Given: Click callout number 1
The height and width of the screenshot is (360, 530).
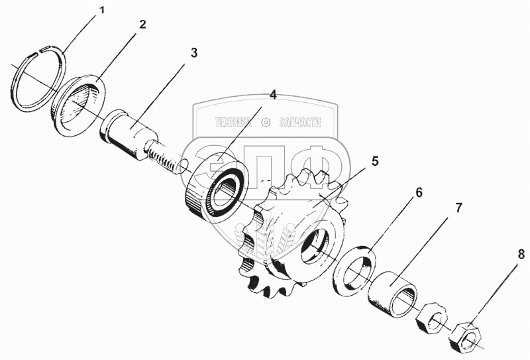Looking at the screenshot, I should [102, 11].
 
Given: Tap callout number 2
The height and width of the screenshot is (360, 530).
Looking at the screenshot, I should [142, 25].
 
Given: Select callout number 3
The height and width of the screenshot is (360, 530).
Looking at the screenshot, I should [193, 52].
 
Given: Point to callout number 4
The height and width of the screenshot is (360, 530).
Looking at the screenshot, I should [272, 94].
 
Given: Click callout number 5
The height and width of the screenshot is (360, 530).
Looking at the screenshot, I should [374, 160].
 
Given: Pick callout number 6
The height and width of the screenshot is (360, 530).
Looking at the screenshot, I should [418, 192].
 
